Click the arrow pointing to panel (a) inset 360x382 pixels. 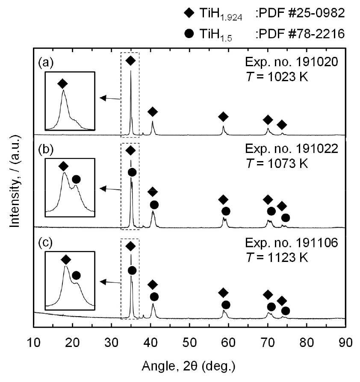click(x=109, y=98)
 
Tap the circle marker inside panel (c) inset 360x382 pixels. click(x=76, y=276)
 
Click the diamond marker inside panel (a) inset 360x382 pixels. click(x=62, y=83)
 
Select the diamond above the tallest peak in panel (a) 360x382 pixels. click(x=131, y=61)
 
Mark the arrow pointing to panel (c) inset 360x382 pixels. click(x=109, y=282)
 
